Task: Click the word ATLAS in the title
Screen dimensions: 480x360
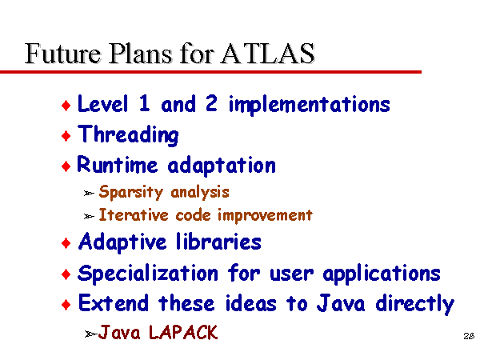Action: tap(267, 54)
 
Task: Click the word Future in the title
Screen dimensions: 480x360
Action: tap(62, 54)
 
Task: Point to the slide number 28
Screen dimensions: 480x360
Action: tap(469, 336)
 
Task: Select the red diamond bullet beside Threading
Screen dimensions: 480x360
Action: tap(66, 136)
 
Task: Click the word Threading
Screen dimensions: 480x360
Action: tap(128, 134)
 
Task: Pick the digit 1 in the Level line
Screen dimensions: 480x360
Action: tap(145, 103)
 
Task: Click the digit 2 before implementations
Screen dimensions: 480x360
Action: tap(211, 103)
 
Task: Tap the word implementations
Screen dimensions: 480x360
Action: tap(309, 105)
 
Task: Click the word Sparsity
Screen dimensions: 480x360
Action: tap(131, 192)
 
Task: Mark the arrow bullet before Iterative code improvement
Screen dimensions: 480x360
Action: tap(89, 217)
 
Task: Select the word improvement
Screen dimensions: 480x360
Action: tap(265, 215)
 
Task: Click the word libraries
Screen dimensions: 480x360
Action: tap(218, 242)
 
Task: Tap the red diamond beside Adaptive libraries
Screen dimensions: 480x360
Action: tap(66, 243)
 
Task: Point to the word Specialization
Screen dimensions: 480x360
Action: tap(148, 274)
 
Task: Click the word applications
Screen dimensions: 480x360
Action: tap(382, 274)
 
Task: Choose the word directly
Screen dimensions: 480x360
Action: tap(414, 304)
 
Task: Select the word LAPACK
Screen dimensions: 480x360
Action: tap(183, 332)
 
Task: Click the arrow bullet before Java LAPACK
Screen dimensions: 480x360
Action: tap(90, 334)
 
